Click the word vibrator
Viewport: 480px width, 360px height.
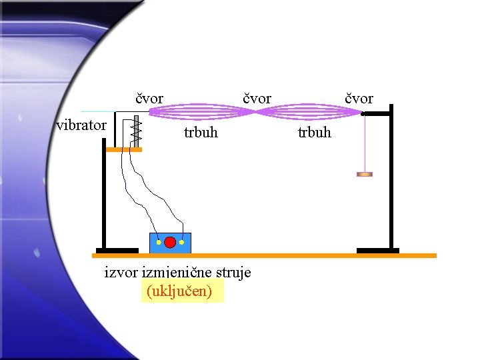[x=81, y=125]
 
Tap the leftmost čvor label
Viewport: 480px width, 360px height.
[x=149, y=99]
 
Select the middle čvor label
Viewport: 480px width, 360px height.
[x=257, y=99]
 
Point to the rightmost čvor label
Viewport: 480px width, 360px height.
[x=359, y=99]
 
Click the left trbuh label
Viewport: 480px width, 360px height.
[x=201, y=133]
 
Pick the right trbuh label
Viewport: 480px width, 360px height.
[x=314, y=133]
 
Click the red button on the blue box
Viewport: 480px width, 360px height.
[x=170, y=242]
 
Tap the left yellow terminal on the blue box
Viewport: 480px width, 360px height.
[x=159, y=243]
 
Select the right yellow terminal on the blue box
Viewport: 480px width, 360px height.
[x=181, y=243]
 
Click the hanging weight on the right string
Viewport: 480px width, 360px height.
[x=364, y=175]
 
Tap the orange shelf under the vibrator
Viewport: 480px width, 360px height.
[x=124, y=150]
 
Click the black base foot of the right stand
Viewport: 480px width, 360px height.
[x=377, y=251]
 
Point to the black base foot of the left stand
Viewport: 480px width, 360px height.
[x=117, y=251]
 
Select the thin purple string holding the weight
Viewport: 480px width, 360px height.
[x=364, y=143]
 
